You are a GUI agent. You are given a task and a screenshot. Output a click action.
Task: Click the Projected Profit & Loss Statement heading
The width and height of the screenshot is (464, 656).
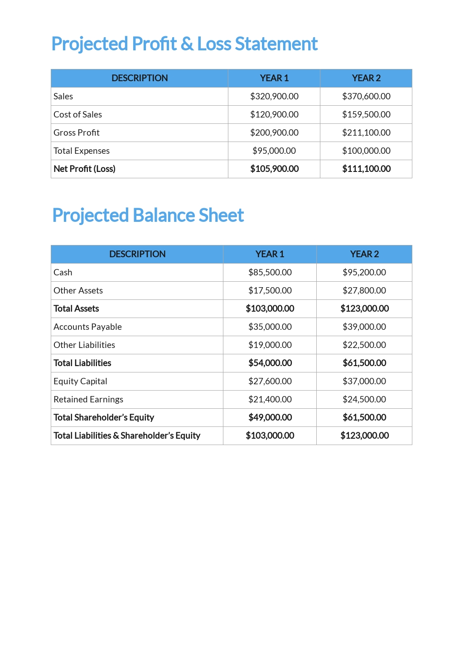click(x=184, y=44)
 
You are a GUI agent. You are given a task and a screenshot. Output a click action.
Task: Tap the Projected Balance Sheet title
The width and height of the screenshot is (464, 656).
click(x=148, y=215)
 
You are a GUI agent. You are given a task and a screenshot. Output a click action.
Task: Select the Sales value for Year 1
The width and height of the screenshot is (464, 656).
click(x=274, y=96)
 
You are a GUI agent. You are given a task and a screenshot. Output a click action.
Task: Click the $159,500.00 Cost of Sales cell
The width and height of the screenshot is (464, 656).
click(x=366, y=114)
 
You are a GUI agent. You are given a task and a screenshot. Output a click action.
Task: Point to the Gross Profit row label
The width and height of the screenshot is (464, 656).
click(x=77, y=132)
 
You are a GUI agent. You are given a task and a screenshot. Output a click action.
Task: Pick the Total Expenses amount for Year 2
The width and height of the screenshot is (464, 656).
click(x=366, y=151)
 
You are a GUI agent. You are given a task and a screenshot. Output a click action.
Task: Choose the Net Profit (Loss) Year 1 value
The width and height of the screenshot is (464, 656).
click(x=274, y=169)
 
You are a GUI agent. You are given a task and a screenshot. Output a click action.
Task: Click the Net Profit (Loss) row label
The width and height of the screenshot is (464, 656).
click(x=84, y=169)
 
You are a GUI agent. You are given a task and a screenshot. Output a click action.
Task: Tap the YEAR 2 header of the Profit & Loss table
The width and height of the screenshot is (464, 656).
click(x=366, y=78)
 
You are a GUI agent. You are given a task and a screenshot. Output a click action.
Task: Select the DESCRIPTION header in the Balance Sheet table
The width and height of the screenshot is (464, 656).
click(x=137, y=254)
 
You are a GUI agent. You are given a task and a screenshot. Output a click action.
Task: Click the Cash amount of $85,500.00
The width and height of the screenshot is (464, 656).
click(x=270, y=272)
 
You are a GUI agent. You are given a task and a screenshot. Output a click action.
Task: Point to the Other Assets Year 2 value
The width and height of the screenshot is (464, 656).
click(x=364, y=290)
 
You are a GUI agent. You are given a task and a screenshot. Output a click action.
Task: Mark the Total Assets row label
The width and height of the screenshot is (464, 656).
click(x=76, y=308)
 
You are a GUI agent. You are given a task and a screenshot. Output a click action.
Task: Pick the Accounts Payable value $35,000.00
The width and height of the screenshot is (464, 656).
click(x=270, y=327)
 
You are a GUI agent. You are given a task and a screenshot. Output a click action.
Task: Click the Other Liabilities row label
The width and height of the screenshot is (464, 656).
click(x=84, y=345)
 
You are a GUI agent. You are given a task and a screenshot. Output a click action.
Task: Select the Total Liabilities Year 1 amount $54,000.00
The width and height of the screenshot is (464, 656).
click(x=270, y=363)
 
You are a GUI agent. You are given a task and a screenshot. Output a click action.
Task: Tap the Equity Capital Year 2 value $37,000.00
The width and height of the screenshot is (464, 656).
click(x=364, y=381)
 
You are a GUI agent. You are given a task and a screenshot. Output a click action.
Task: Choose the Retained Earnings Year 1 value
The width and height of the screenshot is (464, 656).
click(x=270, y=399)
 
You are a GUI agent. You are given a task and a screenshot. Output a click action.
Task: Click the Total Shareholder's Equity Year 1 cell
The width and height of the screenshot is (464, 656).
click(x=270, y=417)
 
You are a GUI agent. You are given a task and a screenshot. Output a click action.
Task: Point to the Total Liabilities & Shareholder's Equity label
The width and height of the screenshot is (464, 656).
click(x=127, y=436)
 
